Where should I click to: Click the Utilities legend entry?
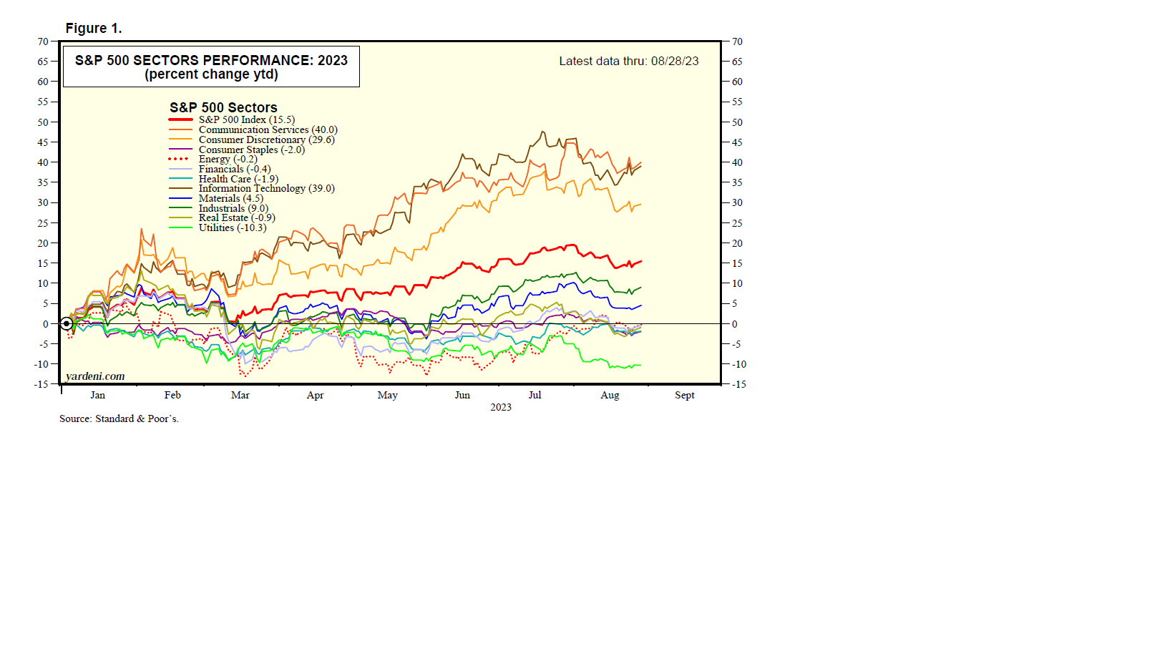(x=232, y=228)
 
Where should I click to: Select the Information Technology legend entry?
(x=266, y=189)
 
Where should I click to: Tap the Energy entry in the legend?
(x=228, y=160)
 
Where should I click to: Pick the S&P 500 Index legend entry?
(x=246, y=120)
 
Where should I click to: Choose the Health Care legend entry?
(x=238, y=180)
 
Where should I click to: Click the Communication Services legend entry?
(x=268, y=130)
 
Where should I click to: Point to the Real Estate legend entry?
(x=236, y=218)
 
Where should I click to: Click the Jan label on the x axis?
(x=98, y=396)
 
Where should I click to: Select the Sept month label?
(x=685, y=396)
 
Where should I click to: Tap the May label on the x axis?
(x=388, y=396)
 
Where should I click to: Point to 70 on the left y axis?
(x=44, y=42)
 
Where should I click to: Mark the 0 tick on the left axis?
(x=46, y=324)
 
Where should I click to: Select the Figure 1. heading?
(x=94, y=29)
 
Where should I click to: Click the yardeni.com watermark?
(x=95, y=376)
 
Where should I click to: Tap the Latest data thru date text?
(x=629, y=62)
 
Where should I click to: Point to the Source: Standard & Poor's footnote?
(x=119, y=419)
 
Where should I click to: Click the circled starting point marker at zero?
(x=67, y=324)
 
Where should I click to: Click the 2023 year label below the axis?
(x=501, y=408)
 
